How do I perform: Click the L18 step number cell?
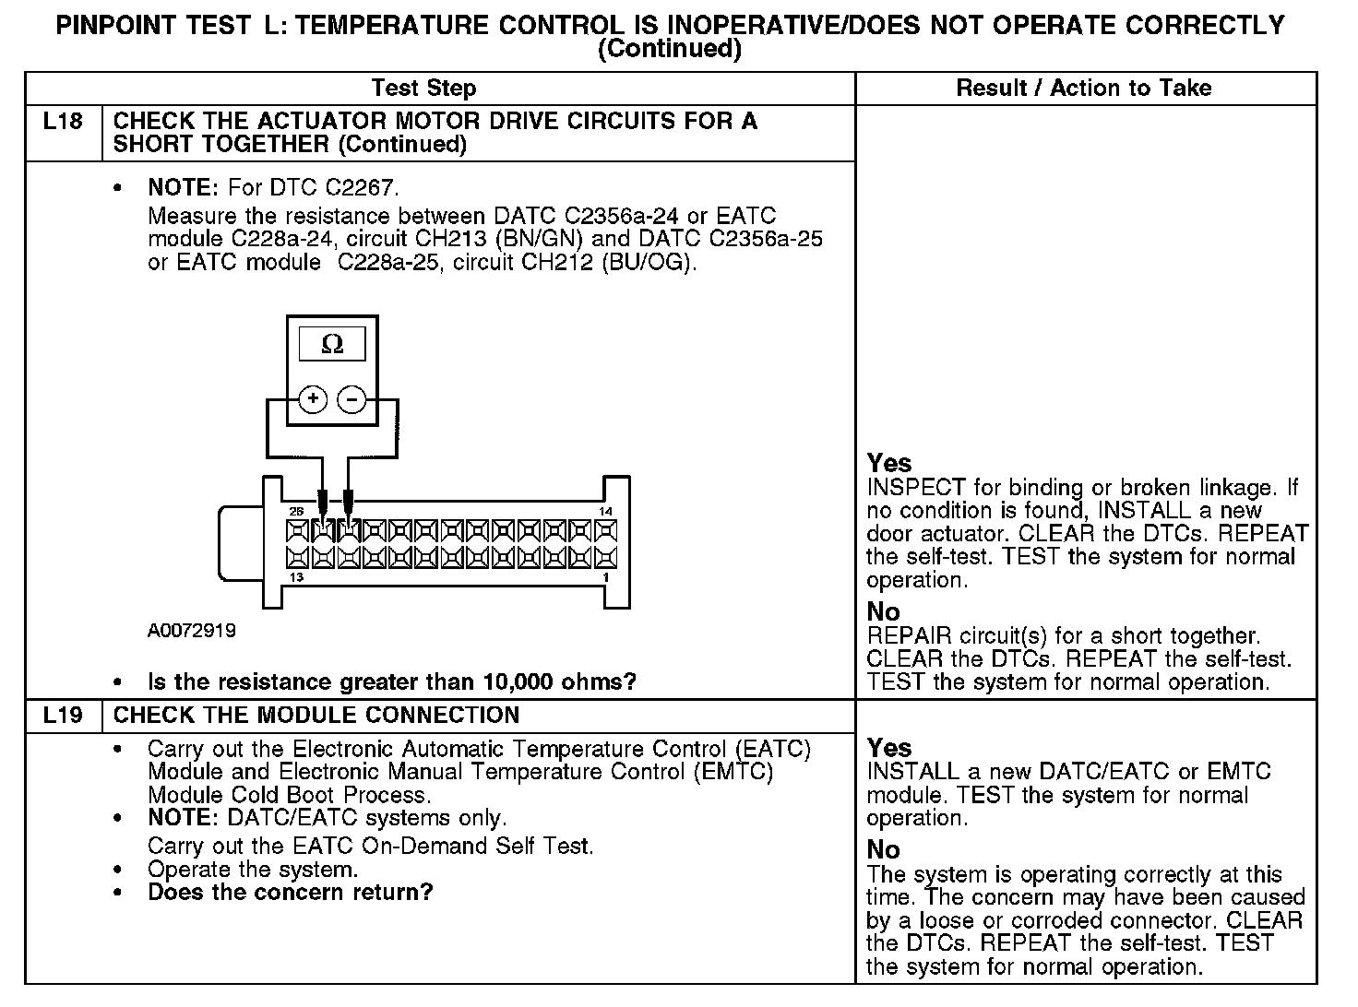[63, 122]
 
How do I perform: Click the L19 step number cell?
[63, 716]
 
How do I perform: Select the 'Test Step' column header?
[423, 89]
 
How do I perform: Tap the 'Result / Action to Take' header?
[1084, 89]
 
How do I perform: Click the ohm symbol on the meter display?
[332, 345]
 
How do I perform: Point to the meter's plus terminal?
[313, 399]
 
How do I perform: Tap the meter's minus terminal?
[351, 399]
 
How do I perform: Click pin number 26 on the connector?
[296, 512]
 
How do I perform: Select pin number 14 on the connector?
[605, 512]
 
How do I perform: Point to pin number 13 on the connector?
[296, 577]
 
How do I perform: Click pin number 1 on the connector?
[605, 577]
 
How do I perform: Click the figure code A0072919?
[192, 631]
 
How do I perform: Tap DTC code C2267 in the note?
[360, 188]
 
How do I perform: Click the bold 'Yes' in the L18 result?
[889, 463]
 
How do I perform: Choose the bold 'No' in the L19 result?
[884, 849]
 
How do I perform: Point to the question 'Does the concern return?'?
[290, 893]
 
